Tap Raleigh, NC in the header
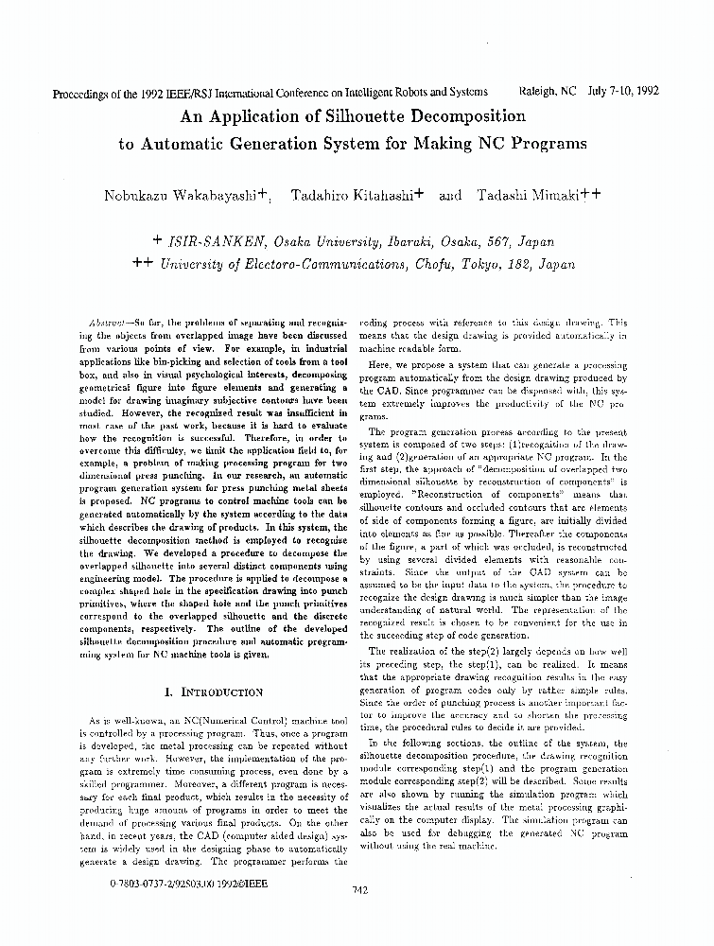point(548,92)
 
